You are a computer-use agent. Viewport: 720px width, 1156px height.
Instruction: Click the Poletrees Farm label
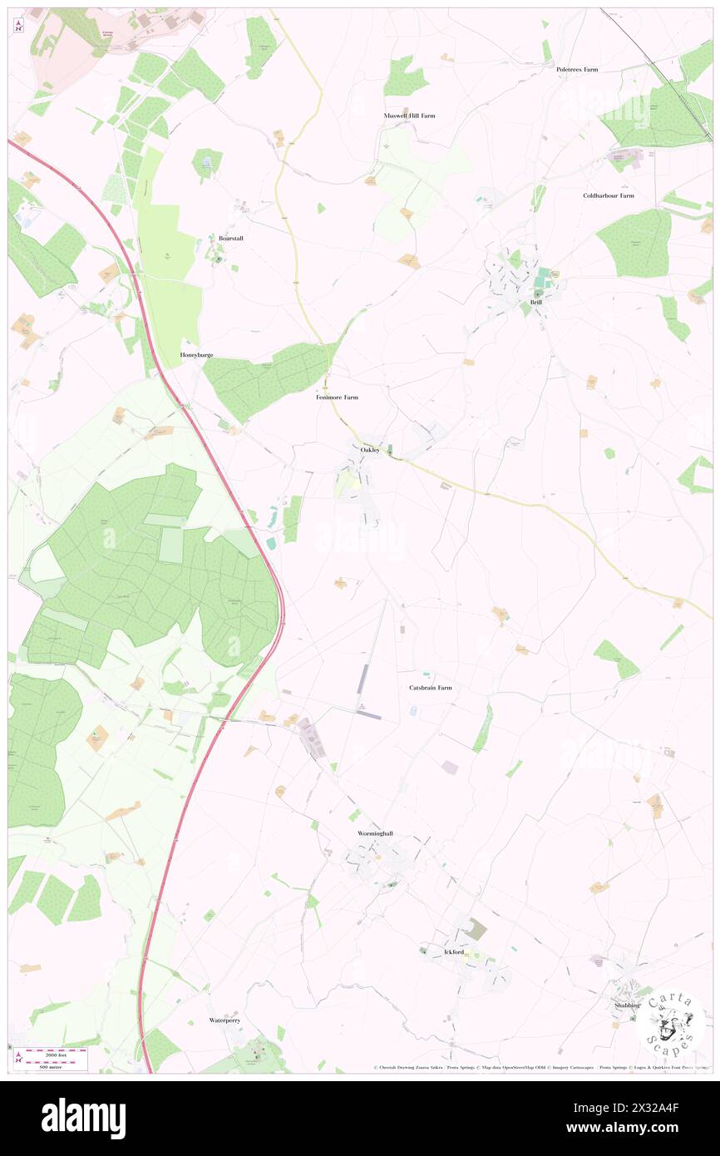tap(577, 70)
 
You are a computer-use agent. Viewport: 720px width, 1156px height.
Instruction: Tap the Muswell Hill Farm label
tap(409, 116)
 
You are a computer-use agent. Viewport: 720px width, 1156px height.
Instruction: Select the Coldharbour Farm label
tap(608, 195)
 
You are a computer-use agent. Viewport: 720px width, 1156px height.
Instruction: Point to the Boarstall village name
tap(230, 238)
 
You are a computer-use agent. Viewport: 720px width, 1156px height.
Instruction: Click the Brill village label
tap(536, 303)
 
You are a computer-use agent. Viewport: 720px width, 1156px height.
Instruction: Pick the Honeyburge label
tap(197, 355)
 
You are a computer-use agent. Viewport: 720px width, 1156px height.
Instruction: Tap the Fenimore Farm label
tap(337, 398)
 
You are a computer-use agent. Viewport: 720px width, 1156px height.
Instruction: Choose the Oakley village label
tap(370, 449)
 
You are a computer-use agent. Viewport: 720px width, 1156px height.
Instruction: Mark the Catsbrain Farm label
tap(431, 688)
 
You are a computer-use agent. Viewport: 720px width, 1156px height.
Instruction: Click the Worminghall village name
tap(369, 833)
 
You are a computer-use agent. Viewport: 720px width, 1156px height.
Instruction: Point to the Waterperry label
tap(224, 1020)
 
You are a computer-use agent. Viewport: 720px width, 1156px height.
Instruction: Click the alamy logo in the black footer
tap(83, 1117)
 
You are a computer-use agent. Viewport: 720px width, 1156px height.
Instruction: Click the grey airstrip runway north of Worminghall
tap(362, 679)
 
